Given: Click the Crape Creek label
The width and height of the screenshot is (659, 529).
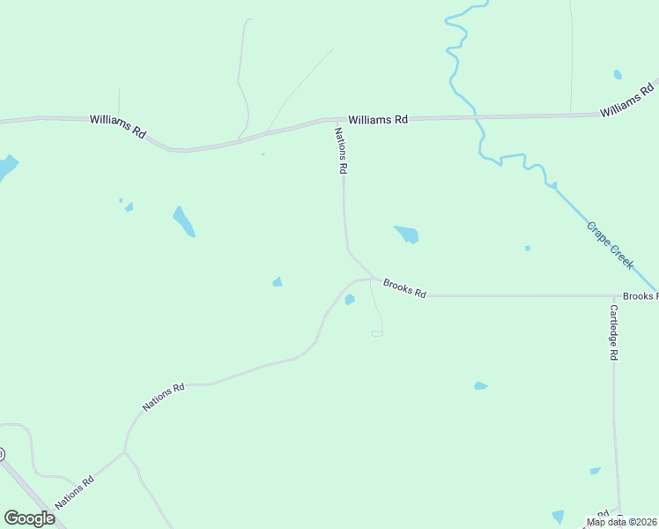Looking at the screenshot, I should point(610,246).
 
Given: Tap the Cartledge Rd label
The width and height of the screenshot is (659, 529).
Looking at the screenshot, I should point(614,332).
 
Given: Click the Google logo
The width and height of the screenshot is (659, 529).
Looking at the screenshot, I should point(29,518).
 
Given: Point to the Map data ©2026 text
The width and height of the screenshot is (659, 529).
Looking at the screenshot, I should point(621,522).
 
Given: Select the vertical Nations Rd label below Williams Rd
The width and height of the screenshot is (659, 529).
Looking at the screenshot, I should point(341,151).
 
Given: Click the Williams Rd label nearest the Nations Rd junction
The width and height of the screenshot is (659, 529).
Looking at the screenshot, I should point(378,119).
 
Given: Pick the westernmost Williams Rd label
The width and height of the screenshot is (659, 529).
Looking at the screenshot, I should point(117,126).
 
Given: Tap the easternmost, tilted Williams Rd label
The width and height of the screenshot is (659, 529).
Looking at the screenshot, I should point(627,100).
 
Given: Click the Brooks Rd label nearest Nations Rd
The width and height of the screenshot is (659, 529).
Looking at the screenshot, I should point(404,287).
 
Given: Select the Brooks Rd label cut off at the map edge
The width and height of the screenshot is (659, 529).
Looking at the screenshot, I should point(640,296).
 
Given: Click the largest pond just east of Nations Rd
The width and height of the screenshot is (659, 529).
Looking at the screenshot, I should point(407,235).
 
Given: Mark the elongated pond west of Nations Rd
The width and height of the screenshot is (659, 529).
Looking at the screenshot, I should point(183,222).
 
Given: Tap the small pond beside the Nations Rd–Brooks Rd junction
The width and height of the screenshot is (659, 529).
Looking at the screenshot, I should point(350,300).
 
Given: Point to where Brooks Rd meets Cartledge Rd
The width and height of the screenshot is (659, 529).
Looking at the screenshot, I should point(613,296).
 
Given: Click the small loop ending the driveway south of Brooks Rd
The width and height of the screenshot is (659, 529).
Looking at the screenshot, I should point(377,333).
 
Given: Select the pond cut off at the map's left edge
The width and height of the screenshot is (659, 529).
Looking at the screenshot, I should point(6,167).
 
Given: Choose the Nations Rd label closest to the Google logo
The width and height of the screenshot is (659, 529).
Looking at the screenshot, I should point(75,492).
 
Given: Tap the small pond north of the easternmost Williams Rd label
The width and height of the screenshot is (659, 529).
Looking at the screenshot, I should point(618,75).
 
